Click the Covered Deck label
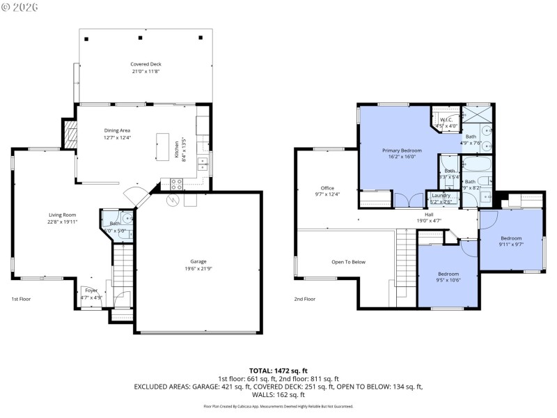146,63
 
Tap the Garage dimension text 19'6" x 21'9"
198,268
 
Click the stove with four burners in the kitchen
176,185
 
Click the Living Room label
62,215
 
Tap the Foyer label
91,290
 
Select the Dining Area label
117,130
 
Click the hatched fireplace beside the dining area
69,133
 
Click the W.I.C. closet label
446,119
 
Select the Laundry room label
441,195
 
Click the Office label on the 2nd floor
327,187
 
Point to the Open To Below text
348,262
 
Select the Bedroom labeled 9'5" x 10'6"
448,274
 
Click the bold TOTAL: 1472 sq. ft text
278,370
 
